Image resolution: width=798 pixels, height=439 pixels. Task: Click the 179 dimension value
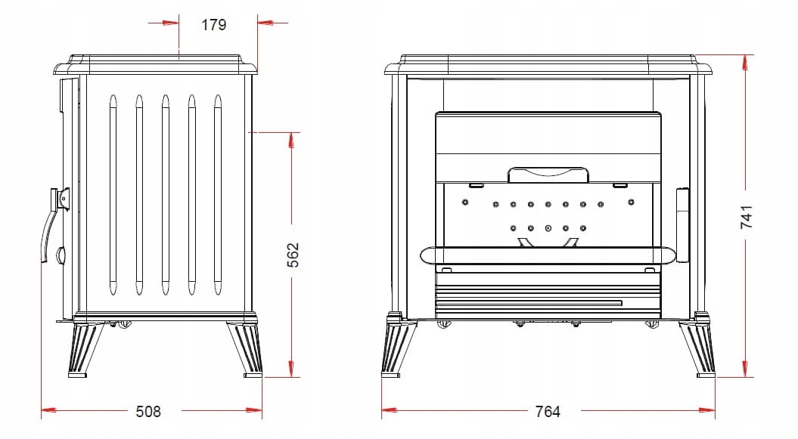click(x=213, y=24)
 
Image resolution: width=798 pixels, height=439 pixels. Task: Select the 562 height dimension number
click(x=293, y=255)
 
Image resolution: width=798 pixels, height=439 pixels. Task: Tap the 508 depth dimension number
click(x=148, y=411)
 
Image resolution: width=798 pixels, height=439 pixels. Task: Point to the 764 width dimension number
click(x=548, y=411)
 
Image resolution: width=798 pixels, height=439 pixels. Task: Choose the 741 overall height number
click(x=746, y=217)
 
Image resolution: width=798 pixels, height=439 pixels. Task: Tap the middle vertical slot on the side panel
click(x=166, y=195)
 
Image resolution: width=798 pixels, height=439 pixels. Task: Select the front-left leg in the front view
click(x=399, y=346)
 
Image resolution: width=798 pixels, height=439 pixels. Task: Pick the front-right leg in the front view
click(x=697, y=346)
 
